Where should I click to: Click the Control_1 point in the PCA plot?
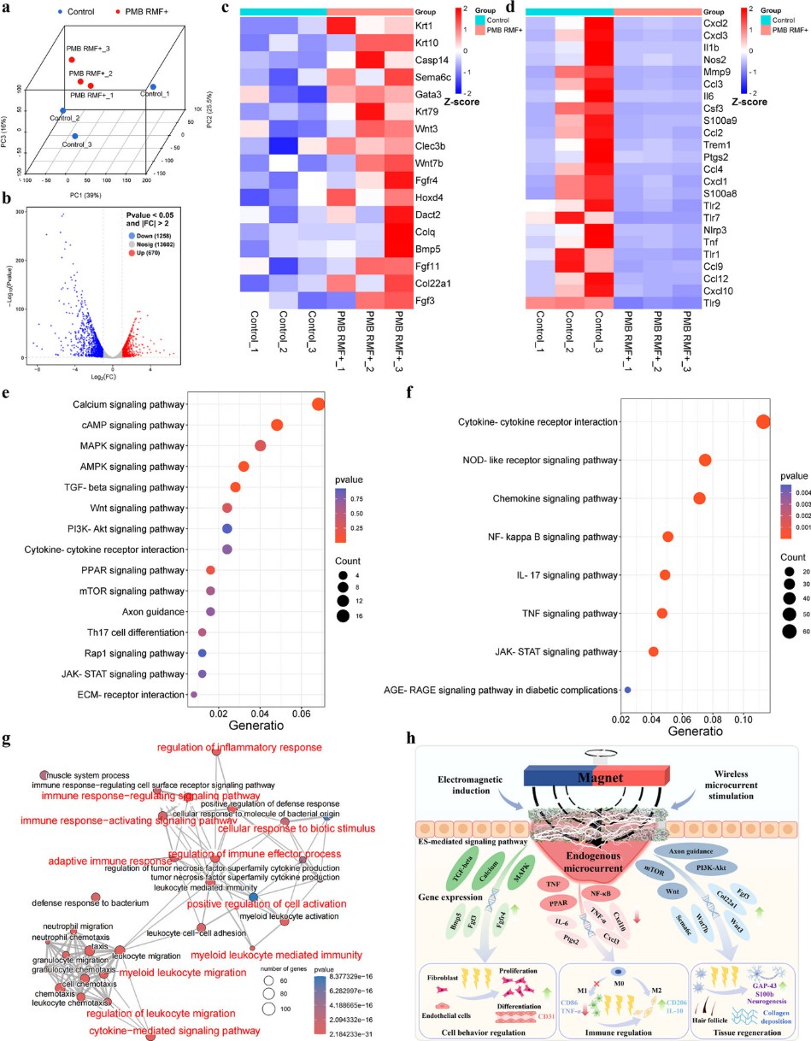point(153,87)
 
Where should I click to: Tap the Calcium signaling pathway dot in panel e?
point(319,404)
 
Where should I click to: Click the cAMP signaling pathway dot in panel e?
point(277,425)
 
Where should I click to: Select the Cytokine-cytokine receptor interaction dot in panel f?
point(763,421)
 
